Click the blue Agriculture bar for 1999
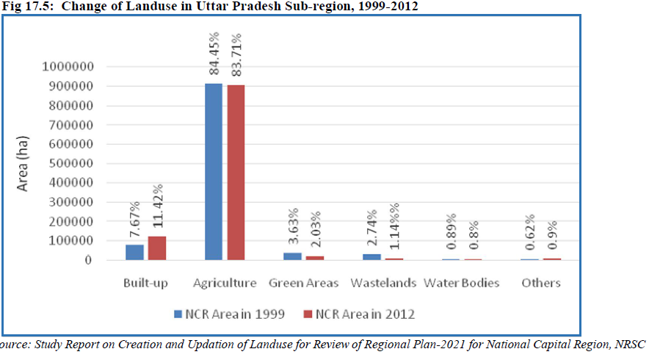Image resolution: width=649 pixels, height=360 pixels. click(214, 172)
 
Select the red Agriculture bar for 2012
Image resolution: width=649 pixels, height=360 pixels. click(236, 173)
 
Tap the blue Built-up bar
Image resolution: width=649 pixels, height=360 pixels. click(134, 252)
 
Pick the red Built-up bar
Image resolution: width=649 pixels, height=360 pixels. click(156, 248)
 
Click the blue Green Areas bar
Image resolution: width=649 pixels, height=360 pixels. click(293, 256)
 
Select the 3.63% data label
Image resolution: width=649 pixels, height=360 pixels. click(293, 228)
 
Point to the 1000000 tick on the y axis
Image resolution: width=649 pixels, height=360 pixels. click(68, 67)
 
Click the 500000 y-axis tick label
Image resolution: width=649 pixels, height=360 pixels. click(71, 164)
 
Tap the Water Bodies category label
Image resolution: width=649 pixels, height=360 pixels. click(462, 283)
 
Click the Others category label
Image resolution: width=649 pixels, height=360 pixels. click(541, 283)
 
